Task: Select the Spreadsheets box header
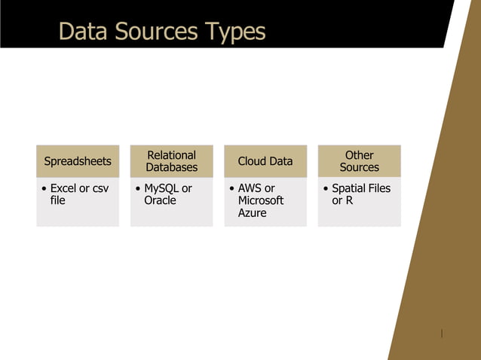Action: (x=78, y=161)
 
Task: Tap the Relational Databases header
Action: (x=171, y=161)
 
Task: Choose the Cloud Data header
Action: (x=265, y=161)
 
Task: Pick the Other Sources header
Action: (x=359, y=161)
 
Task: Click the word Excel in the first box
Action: (x=63, y=188)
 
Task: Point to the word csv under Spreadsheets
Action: (x=100, y=188)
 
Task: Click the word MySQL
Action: (x=161, y=188)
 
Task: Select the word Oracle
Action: (x=160, y=200)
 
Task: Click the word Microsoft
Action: (x=261, y=200)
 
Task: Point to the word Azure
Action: (x=252, y=213)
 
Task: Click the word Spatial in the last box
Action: (x=348, y=188)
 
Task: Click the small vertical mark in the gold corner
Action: (x=442, y=333)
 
